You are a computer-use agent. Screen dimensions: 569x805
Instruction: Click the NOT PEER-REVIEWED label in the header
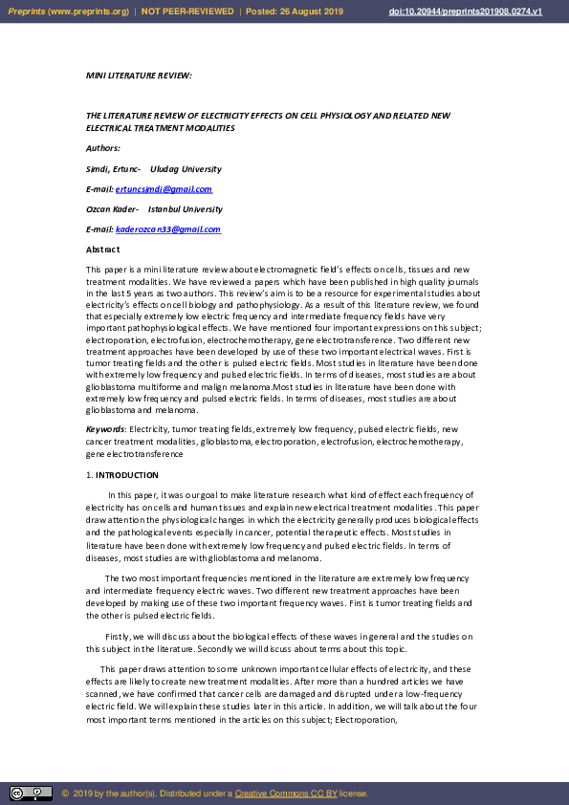click(x=187, y=11)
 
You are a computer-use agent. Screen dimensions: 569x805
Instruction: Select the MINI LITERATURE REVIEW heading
click(x=139, y=74)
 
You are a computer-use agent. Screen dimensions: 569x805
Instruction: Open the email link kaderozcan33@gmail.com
click(x=167, y=229)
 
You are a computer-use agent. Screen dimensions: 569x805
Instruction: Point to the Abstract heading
click(x=102, y=250)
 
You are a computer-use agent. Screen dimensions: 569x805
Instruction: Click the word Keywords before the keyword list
click(x=105, y=430)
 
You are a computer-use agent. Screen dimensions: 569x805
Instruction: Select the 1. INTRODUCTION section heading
click(x=122, y=475)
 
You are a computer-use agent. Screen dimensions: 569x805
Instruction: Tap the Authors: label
click(x=103, y=148)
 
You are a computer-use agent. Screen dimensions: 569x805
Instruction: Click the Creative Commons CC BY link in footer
click(x=285, y=794)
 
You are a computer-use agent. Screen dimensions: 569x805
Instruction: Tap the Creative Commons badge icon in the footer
click(x=31, y=794)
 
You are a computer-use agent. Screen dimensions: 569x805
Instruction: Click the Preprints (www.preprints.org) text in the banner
click(x=67, y=11)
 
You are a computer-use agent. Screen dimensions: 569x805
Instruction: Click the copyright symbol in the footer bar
click(x=65, y=794)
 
